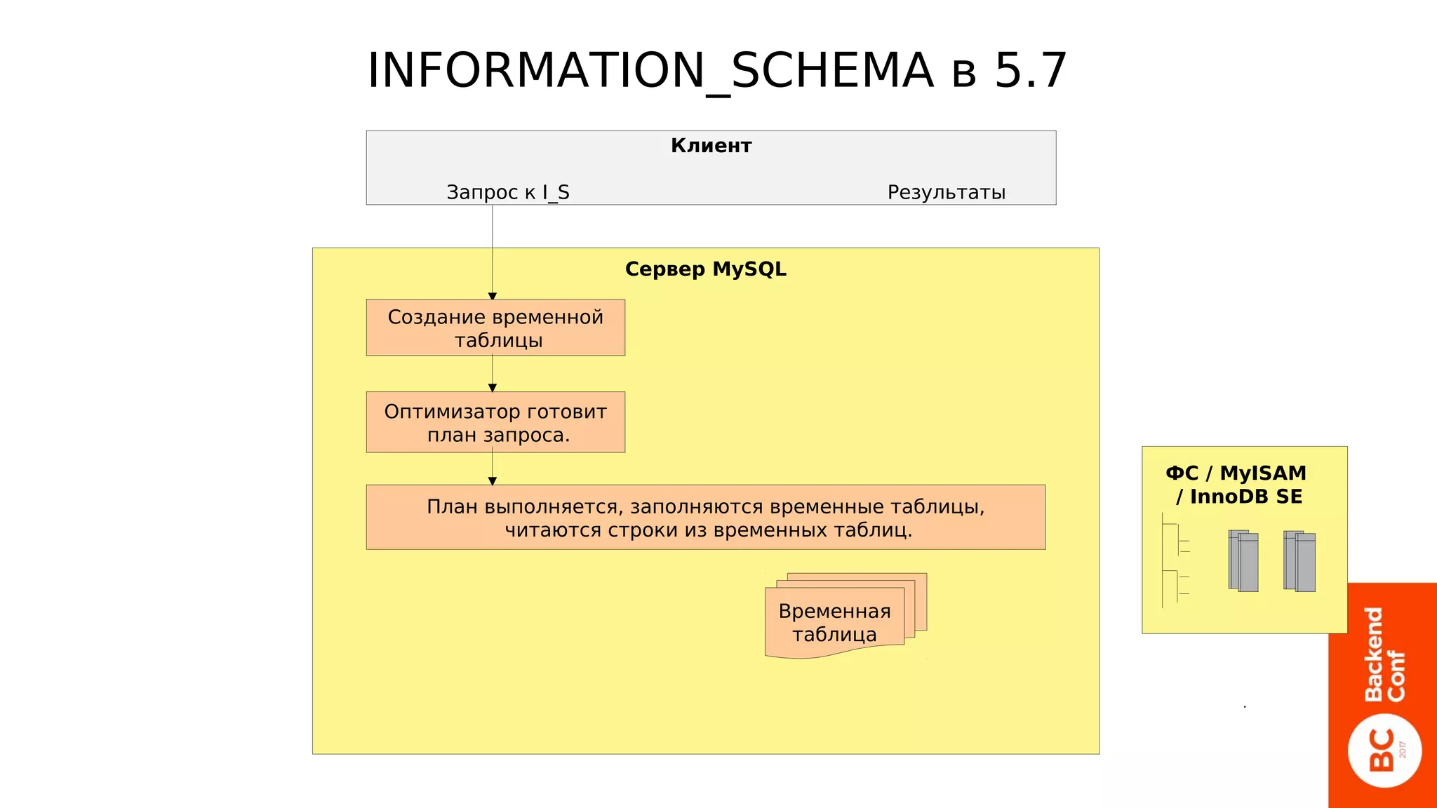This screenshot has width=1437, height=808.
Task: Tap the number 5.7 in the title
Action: click(1031, 71)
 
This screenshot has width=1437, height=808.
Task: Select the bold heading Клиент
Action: click(711, 146)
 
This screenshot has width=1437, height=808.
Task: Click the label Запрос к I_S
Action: click(508, 192)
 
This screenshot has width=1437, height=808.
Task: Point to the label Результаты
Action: click(946, 192)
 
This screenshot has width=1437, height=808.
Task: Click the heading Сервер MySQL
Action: click(705, 269)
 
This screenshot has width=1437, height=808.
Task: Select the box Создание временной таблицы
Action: click(495, 328)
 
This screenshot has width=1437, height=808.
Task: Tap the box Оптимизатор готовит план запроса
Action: click(495, 422)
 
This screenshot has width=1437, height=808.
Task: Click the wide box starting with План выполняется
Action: click(705, 518)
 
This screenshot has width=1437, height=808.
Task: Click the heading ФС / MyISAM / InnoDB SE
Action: click(1236, 485)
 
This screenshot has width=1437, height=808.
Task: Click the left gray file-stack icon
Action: click(1243, 561)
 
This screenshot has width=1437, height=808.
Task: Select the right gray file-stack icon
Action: click(1299, 561)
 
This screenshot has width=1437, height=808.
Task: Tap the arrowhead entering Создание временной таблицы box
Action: click(493, 296)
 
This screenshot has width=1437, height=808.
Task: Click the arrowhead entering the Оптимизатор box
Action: click(493, 388)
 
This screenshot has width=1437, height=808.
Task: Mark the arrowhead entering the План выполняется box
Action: click(493, 481)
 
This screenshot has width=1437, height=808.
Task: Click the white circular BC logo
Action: click(1384, 750)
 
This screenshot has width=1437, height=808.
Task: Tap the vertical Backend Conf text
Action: click(1384, 654)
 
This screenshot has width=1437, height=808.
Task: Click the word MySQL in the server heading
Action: click(749, 269)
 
